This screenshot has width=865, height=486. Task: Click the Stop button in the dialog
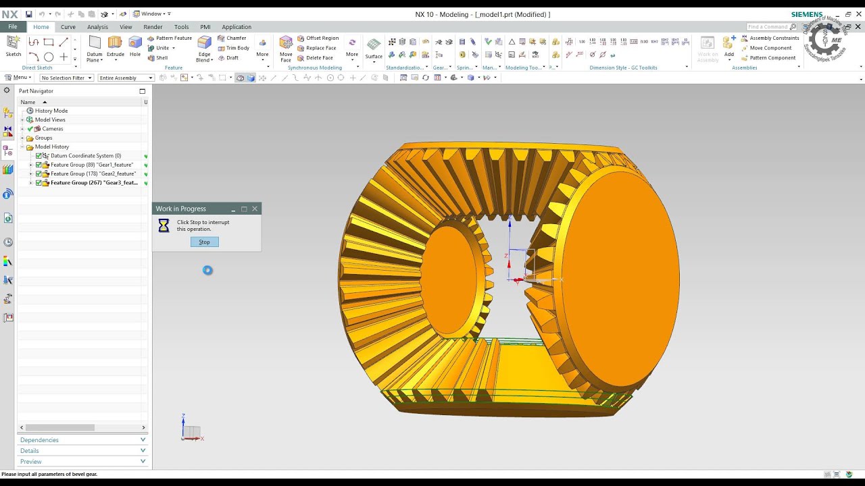(204, 242)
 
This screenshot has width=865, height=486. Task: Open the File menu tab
(13, 27)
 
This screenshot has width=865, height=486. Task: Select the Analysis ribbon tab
(97, 27)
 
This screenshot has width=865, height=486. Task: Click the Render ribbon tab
(153, 27)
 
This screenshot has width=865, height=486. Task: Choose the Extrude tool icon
(115, 45)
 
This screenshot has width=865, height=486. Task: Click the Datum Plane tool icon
(95, 45)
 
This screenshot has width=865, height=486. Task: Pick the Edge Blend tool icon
(204, 45)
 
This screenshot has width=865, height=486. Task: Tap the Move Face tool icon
(286, 45)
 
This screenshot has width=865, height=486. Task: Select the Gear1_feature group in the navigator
(91, 165)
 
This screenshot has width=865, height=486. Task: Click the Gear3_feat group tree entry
(93, 183)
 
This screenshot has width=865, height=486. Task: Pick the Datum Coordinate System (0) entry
(85, 156)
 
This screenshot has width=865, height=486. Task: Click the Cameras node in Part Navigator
(52, 129)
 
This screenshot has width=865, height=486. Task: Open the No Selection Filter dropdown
(66, 78)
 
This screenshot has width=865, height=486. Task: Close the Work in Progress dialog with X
(255, 209)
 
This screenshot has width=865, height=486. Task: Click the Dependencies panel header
(39, 440)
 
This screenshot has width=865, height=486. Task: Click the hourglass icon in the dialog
(164, 226)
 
